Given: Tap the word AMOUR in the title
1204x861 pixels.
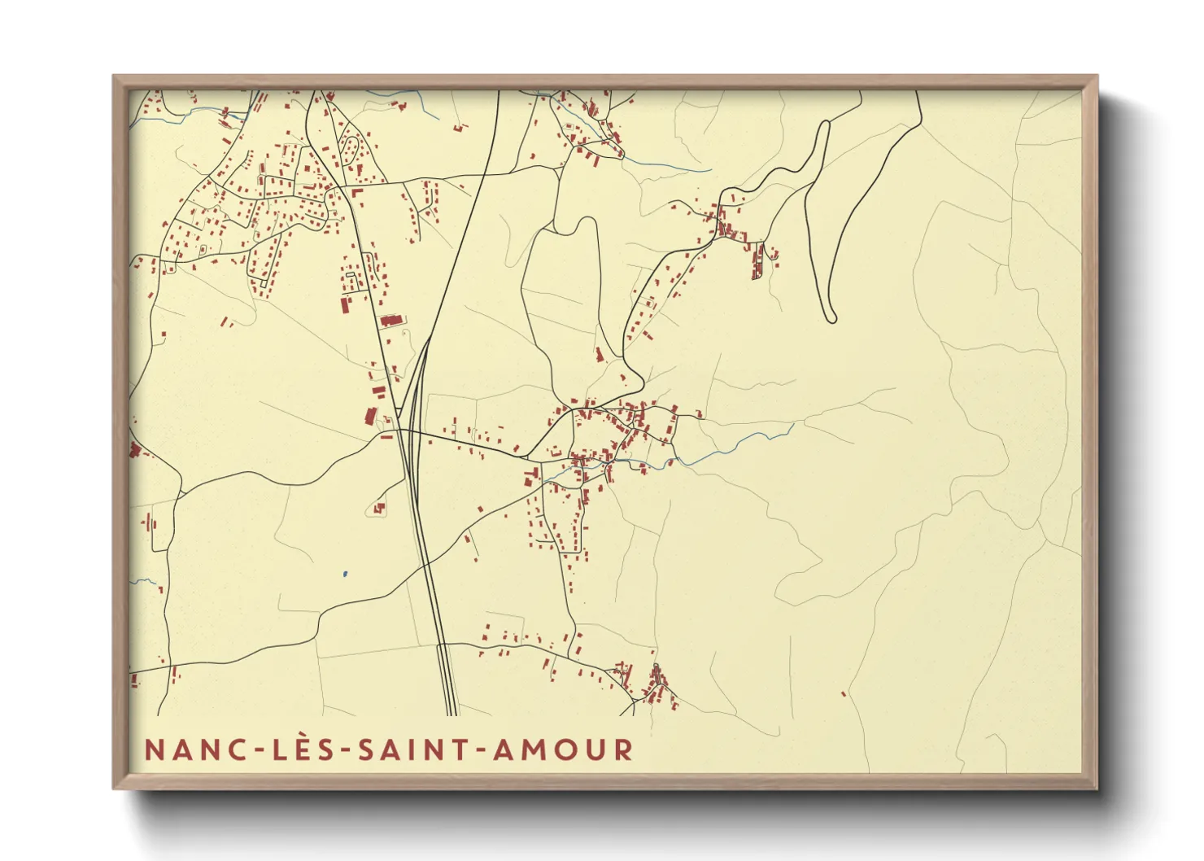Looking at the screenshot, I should (563, 750).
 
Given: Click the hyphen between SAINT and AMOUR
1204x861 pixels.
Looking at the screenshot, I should (482, 751).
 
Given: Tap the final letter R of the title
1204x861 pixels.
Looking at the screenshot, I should (623, 750).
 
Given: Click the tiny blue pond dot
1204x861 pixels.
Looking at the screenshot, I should (345, 574).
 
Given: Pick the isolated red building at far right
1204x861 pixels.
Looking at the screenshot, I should (843, 694).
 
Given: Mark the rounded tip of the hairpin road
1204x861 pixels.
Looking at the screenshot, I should (831, 318).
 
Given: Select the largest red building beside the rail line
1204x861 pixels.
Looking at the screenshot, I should (391, 320).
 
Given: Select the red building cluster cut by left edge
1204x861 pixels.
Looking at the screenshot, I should (134, 450).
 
